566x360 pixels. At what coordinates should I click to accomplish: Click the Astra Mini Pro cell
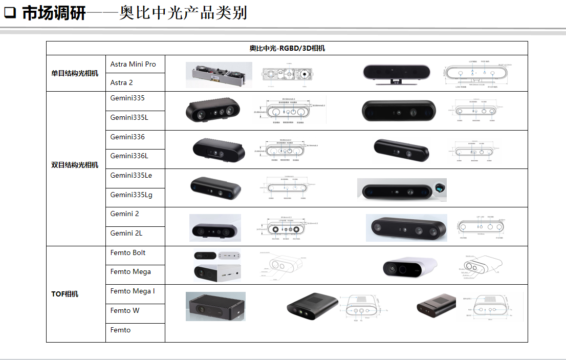coord(133,64)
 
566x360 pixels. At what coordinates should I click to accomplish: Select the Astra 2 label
coord(122,82)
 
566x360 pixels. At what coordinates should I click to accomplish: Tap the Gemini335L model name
coord(129,118)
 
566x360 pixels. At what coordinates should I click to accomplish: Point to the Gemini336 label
coord(127,137)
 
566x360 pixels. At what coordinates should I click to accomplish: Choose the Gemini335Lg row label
coord(131,195)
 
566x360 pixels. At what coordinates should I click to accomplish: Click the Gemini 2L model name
coord(126,233)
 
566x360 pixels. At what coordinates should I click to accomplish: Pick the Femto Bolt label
coord(128,252)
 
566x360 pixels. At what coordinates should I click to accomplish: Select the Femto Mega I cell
coord(133,291)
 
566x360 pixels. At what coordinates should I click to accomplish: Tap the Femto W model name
coord(125,310)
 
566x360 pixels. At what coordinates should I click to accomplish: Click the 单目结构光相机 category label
coord(75,73)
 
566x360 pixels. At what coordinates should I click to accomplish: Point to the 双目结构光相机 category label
coord(75,165)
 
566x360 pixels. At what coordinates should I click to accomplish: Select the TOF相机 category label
coord(65,294)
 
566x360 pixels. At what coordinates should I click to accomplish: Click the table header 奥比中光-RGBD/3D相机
coord(287,48)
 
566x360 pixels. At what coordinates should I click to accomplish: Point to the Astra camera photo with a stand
coord(393,74)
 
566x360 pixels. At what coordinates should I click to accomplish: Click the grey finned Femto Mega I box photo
coord(215,306)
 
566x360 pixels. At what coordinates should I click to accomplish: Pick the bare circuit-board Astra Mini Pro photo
coord(219,74)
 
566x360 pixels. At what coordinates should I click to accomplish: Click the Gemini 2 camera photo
coord(215,228)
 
